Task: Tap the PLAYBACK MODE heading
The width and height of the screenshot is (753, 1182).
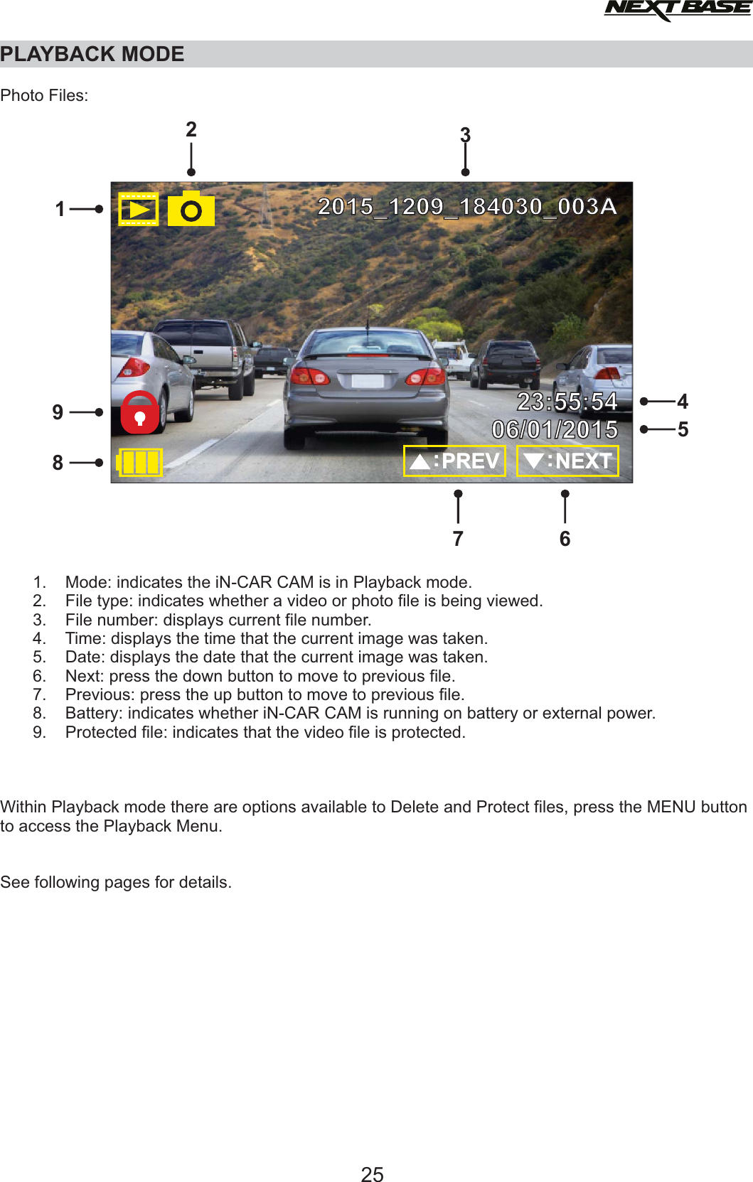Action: coord(92,54)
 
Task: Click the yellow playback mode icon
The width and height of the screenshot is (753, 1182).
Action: coord(138,209)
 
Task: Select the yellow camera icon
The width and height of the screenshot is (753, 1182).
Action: coord(191,209)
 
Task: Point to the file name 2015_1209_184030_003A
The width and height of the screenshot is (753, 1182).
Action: coord(466,206)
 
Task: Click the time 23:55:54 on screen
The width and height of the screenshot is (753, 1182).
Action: coord(567,402)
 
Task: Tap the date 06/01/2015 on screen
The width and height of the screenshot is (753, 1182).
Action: coord(555,429)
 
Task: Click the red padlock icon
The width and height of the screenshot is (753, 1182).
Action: coord(140,412)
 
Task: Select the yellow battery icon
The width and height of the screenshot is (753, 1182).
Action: coord(140,462)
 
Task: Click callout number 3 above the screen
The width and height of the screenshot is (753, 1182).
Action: coord(465,134)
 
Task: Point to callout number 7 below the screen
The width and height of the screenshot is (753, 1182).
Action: coord(458,539)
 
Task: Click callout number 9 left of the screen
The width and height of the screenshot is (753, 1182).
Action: coord(58,412)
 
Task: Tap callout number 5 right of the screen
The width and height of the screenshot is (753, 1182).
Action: coord(683,429)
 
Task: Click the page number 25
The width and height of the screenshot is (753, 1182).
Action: coord(372,1174)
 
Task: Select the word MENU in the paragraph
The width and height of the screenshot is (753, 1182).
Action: coord(671,807)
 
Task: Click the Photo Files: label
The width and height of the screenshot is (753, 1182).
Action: coord(44,95)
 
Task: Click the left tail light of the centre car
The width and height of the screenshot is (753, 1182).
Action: coord(311,377)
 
